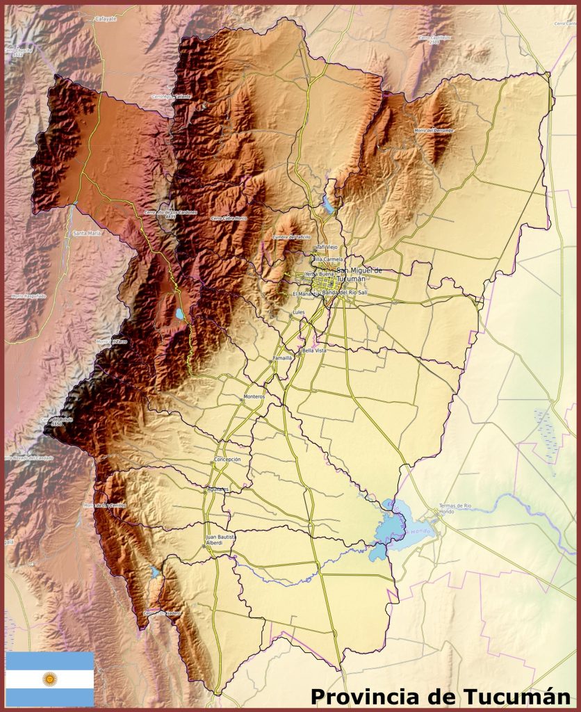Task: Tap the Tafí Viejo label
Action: pyautogui.click(x=327, y=247)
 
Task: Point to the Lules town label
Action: pyautogui.click(x=299, y=313)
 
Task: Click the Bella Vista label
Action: pyautogui.click(x=313, y=351)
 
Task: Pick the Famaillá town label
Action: pyautogui.click(x=282, y=357)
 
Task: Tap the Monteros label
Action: pyautogui.click(x=254, y=396)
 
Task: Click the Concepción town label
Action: pyautogui.click(x=228, y=460)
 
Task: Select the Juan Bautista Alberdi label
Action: pyautogui.click(x=221, y=540)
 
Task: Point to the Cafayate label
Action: pyautogui.click(x=106, y=19)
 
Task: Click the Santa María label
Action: pyautogui.click(x=87, y=234)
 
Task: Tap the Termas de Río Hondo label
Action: pyautogui.click(x=455, y=508)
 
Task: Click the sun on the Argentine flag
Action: pyautogui.click(x=49, y=679)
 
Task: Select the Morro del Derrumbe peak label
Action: pyautogui.click(x=434, y=130)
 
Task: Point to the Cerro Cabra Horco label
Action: pyautogui.click(x=229, y=218)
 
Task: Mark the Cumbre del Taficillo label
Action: pyautogui.click(x=291, y=236)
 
